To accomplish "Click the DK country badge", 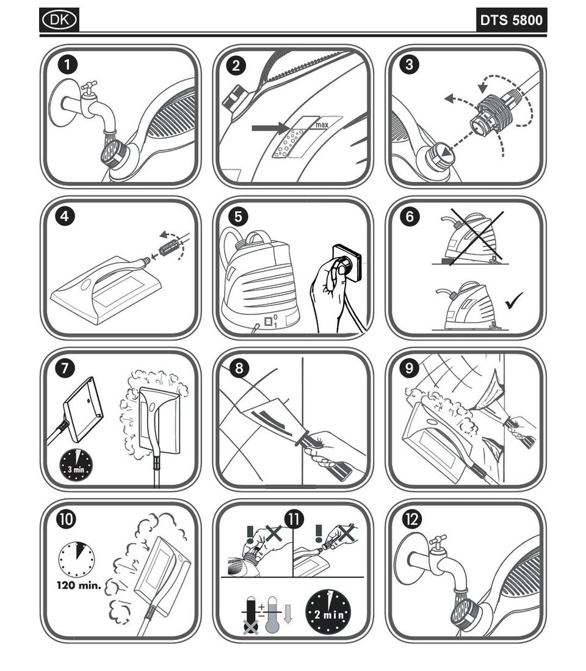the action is click(x=59, y=20).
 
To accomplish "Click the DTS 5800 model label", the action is click(x=511, y=20).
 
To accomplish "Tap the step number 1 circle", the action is click(x=67, y=65).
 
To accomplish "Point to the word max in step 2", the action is click(x=322, y=125).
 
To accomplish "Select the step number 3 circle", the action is click(x=410, y=65).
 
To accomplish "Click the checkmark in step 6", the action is click(x=513, y=300).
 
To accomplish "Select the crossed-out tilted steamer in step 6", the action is click(x=472, y=238).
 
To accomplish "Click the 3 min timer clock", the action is click(x=76, y=465).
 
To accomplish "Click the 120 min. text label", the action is click(x=79, y=585).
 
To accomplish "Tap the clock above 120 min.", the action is click(x=76, y=560).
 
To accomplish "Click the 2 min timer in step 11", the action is click(x=328, y=612).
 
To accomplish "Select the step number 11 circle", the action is click(x=294, y=519).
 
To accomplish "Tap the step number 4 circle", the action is click(x=65, y=216).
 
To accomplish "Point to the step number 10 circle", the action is click(x=66, y=519).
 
